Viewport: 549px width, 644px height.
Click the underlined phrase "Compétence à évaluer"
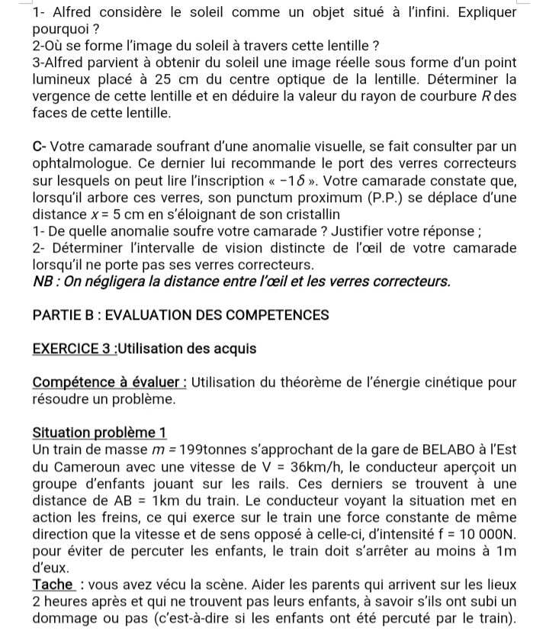click(107, 382)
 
